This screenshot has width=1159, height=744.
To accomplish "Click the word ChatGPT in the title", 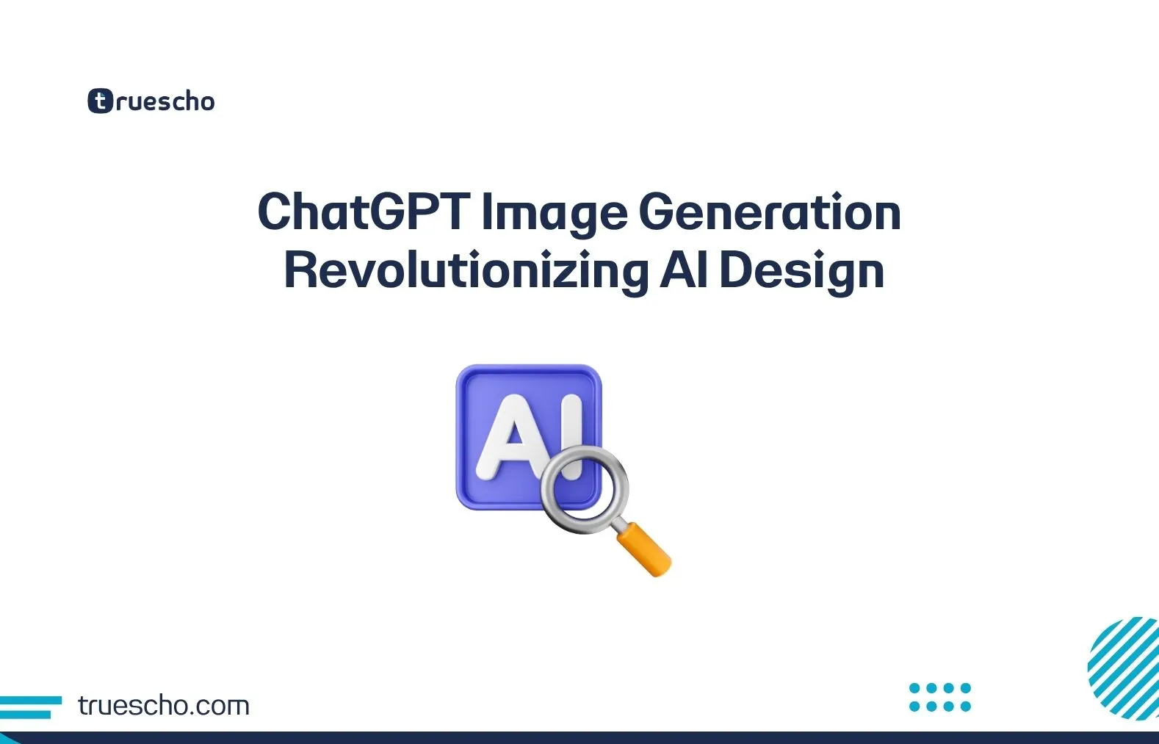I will pyautogui.click(x=363, y=212).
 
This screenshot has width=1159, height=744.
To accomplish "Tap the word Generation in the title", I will pyautogui.click(x=769, y=212).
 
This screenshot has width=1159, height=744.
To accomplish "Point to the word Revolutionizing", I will pyautogui.click(x=466, y=271).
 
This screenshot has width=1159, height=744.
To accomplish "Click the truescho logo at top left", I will pyautogui.click(x=151, y=101).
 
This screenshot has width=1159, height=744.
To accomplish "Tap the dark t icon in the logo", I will pyautogui.click(x=100, y=101).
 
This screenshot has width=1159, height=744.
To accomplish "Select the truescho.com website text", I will pyautogui.click(x=164, y=706).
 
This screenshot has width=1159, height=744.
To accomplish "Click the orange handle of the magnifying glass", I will pyautogui.click(x=644, y=549).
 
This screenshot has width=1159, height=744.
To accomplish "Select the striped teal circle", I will pyautogui.click(x=1125, y=668).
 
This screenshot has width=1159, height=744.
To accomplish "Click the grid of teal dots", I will pyautogui.click(x=939, y=697).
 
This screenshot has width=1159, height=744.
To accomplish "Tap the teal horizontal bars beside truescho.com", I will pyautogui.click(x=29, y=707).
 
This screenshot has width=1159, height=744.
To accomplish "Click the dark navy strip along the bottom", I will pyautogui.click(x=579, y=737).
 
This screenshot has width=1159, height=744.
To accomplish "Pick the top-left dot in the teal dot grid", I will pyautogui.click(x=914, y=688).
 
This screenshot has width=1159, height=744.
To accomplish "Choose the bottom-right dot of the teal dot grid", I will pyautogui.click(x=965, y=707).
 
